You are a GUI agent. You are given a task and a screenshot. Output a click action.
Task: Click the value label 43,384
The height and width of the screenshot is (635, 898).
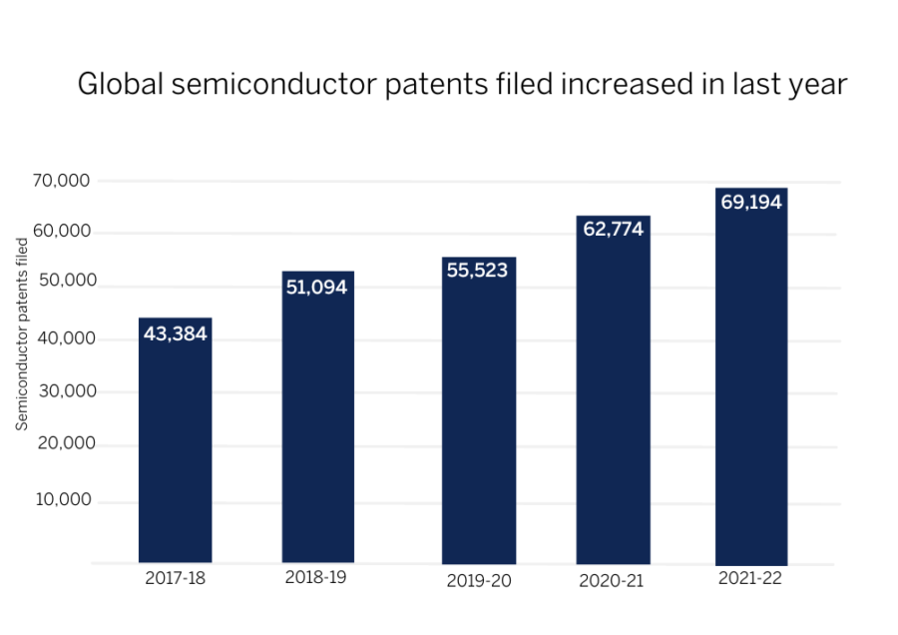click(x=175, y=333)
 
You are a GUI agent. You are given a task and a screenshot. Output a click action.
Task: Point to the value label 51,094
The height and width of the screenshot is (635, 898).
click(x=317, y=288)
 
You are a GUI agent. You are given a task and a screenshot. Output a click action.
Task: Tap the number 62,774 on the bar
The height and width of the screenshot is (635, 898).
click(x=613, y=230)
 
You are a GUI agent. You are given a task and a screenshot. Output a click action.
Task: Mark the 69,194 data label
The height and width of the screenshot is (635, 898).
click(x=750, y=203)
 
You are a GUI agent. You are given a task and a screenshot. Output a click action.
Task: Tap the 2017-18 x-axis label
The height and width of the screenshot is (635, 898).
click(x=175, y=578)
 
